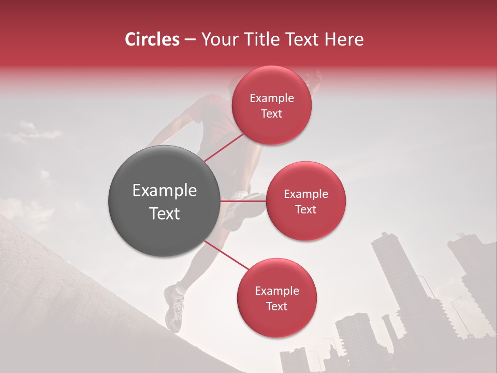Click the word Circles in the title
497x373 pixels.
(152, 39)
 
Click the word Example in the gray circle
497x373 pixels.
(165, 191)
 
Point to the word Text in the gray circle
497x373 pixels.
(165, 213)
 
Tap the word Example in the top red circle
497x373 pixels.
(272, 98)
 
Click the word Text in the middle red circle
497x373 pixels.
(306, 209)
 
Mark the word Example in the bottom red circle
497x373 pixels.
(277, 291)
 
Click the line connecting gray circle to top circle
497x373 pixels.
(224, 147)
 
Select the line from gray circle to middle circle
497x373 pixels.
(243, 201)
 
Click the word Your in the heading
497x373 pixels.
(217, 39)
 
